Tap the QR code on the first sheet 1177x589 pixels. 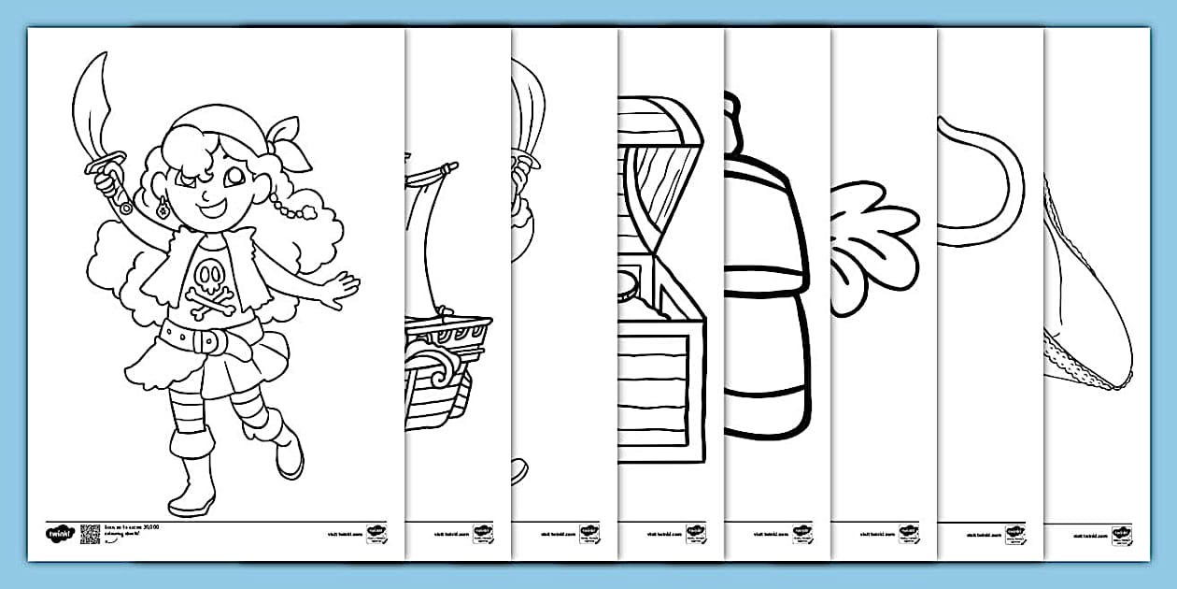[90, 533]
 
